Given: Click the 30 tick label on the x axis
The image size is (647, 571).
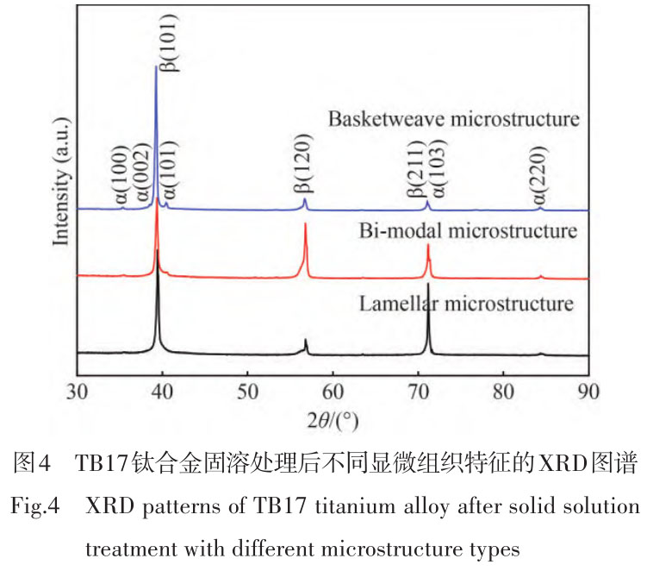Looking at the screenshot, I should coord(78,392).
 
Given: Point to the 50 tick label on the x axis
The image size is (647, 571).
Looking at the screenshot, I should coord(247,392).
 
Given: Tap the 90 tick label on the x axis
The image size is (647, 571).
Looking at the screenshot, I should coord(588,392).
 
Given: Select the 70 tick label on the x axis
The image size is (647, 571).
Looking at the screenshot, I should coord(418,392).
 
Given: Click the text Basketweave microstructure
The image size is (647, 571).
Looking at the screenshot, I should coord(453,118).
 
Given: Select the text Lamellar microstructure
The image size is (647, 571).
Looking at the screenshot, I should coord(463,304).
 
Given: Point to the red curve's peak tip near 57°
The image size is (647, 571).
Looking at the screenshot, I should coord(306,224).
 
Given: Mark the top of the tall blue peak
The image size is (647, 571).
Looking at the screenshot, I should coord(155,66).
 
